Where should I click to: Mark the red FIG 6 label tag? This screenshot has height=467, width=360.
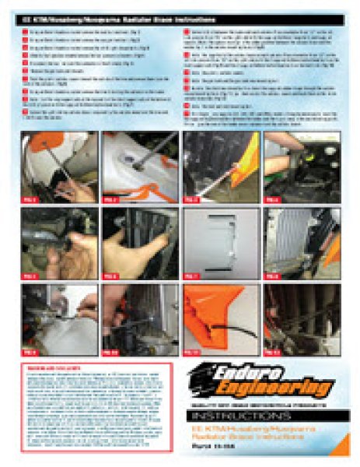click(111, 276)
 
